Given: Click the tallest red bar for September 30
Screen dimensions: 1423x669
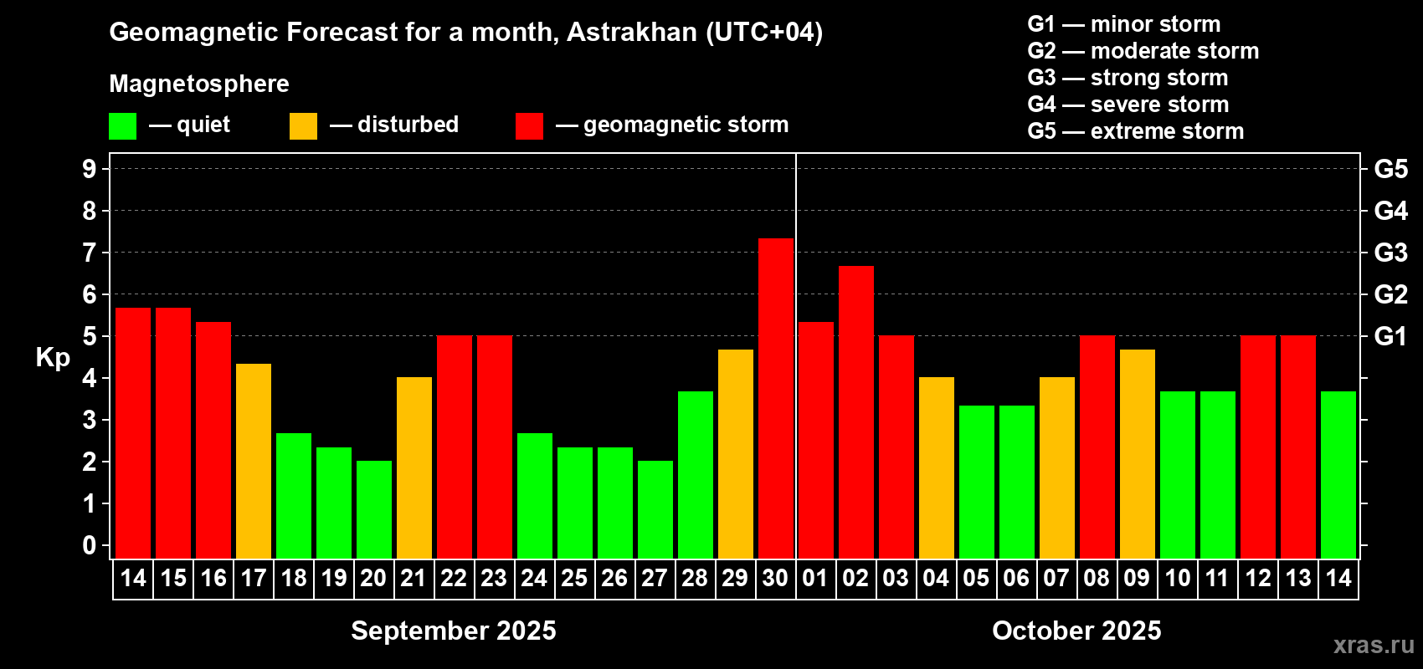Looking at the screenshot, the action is pyautogui.click(x=776, y=399).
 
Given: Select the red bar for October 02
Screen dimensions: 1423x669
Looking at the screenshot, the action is pyautogui.click(x=855, y=412).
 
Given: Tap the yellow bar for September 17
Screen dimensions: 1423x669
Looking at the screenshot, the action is pyautogui.click(x=254, y=462).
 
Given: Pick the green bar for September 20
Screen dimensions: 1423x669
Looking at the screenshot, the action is pyautogui.click(x=374, y=509).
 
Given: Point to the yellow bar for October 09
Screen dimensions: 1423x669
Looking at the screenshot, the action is pyautogui.click(x=1137, y=454).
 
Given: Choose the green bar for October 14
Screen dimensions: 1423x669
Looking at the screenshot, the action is pyautogui.click(x=1338, y=475).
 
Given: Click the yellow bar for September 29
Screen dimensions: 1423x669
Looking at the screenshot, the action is pyautogui.click(x=736, y=454).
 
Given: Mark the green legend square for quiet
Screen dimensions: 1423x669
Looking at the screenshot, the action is pyautogui.click(x=122, y=125).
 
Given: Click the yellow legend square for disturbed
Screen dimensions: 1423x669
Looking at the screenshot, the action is pyautogui.click(x=303, y=125).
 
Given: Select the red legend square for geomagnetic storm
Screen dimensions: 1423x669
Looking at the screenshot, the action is pyautogui.click(x=530, y=125).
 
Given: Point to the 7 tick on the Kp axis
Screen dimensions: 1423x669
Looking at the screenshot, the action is pyautogui.click(x=89, y=253).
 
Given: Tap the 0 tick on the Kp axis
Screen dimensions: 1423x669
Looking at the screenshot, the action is pyautogui.click(x=89, y=545).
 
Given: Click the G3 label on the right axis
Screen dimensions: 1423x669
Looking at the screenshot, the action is pyautogui.click(x=1390, y=253).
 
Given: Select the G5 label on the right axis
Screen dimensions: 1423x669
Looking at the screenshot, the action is pyautogui.click(x=1390, y=169).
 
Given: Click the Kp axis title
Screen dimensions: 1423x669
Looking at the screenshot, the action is pyautogui.click(x=53, y=358).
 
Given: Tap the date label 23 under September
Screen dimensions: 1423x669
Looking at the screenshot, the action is pyautogui.click(x=494, y=578).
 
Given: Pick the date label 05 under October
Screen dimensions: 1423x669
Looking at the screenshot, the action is pyautogui.click(x=976, y=578).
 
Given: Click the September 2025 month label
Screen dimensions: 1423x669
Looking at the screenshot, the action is pyautogui.click(x=454, y=631).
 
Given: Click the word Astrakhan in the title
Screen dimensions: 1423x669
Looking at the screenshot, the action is pyautogui.click(x=631, y=32).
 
